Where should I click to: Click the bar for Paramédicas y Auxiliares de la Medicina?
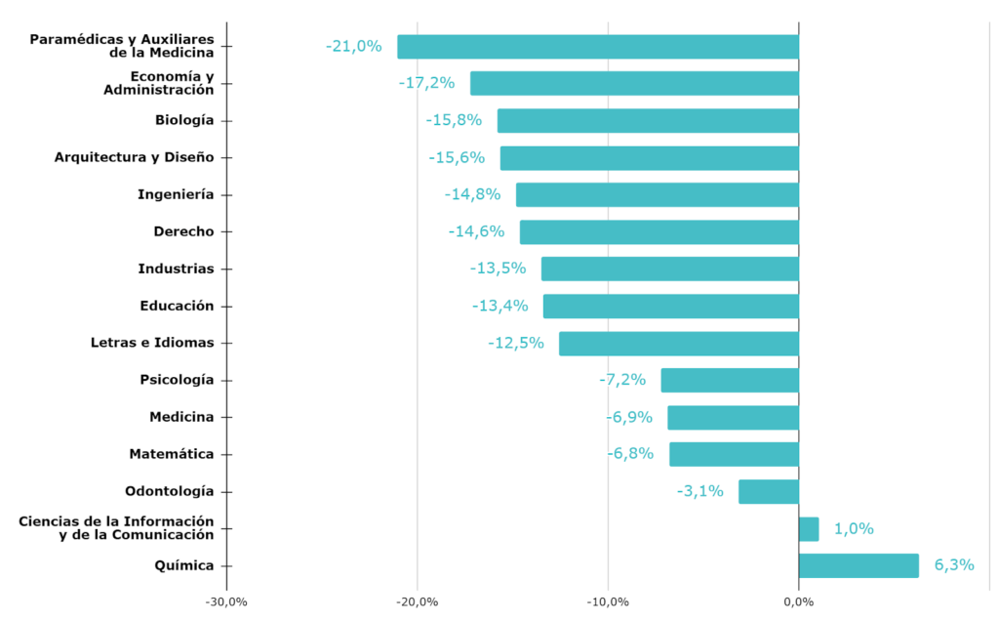point(597,47)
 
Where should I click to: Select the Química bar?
point(859,565)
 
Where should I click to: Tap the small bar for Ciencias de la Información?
point(809,529)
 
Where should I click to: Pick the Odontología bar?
point(769,492)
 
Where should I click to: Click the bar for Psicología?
point(730,380)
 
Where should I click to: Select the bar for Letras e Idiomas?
point(678,344)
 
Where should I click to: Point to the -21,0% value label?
point(354,46)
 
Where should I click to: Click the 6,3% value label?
point(953,565)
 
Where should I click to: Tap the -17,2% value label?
point(427,83)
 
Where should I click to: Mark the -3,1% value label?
point(700,491)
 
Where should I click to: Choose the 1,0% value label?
point(853,529)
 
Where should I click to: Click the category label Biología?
point(183,120)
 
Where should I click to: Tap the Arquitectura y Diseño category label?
point(134,157)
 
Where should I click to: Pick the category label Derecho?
point(183,231)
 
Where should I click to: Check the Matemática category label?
point(171,454)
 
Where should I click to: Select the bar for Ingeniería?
point(657,194)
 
